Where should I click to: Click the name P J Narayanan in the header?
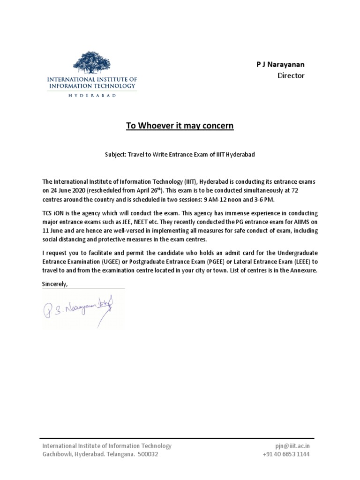(280, 64)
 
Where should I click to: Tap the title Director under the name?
(291, 75)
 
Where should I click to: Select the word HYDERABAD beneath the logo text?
(92, 95)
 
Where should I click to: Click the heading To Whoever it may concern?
(180, 126)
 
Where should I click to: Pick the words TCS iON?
(54, 213)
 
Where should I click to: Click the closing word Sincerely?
(55, 284)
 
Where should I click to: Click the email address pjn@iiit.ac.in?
(292, 446)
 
